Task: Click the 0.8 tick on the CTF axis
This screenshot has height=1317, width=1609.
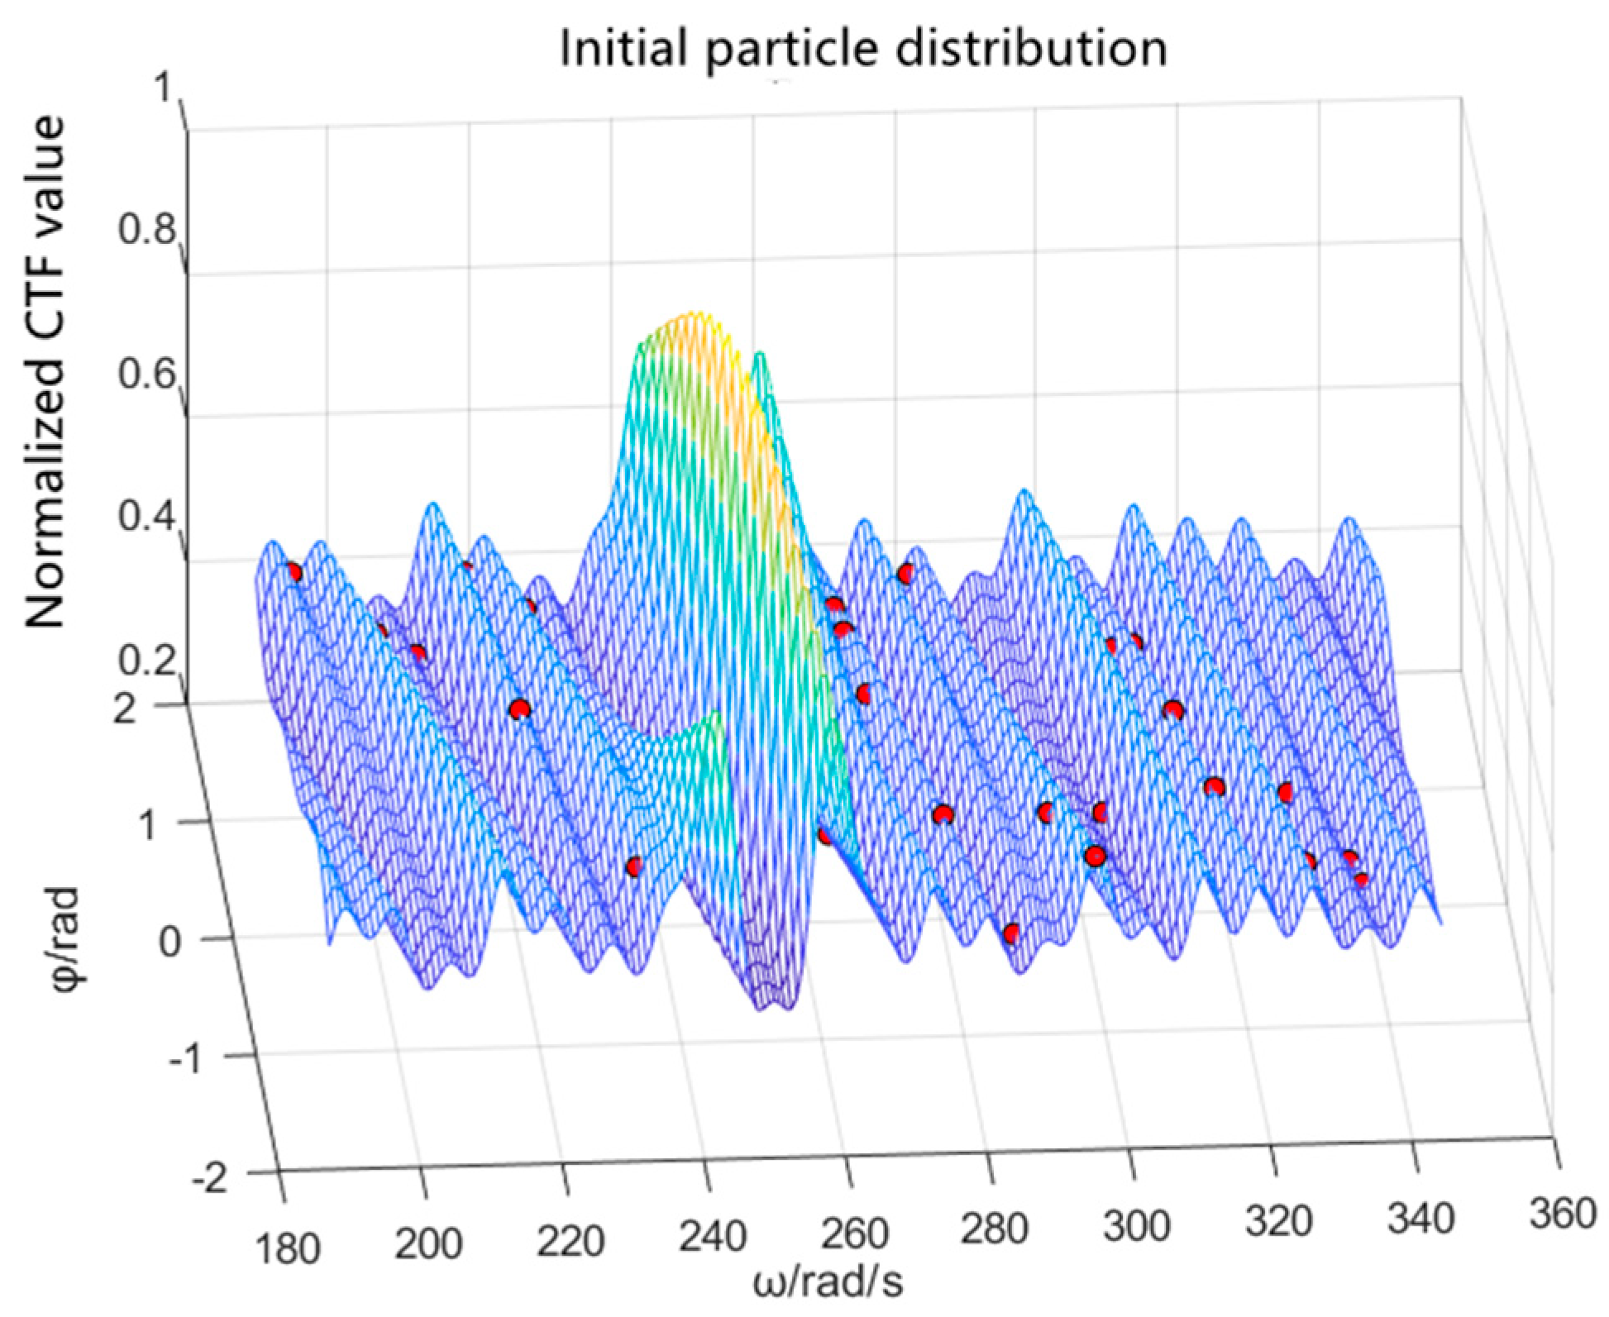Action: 146,229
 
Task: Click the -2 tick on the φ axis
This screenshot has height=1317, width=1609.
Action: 209,1177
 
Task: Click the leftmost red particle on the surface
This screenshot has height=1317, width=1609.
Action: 293,572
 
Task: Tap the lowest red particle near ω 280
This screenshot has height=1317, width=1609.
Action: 1011,934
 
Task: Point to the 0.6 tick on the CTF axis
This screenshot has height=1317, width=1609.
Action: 146,374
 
